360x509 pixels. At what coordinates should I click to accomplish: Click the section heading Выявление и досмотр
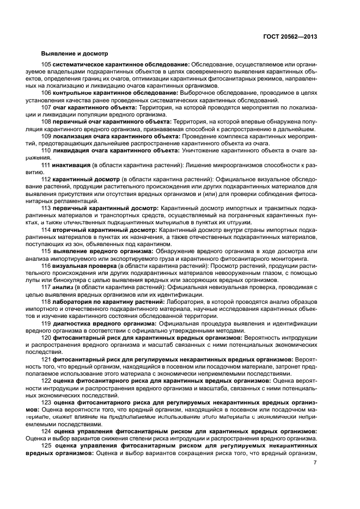[75, 53]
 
